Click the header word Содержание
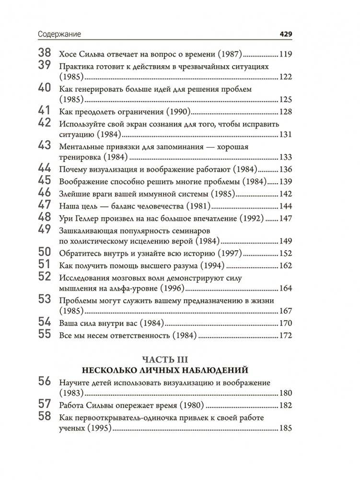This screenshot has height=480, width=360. [60, 35]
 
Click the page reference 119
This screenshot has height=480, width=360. [285, 54]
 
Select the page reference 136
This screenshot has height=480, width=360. [285, 170]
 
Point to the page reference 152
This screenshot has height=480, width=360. [285, 253]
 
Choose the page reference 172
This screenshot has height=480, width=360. [285, 335]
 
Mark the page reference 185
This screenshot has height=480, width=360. [285, 429]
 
